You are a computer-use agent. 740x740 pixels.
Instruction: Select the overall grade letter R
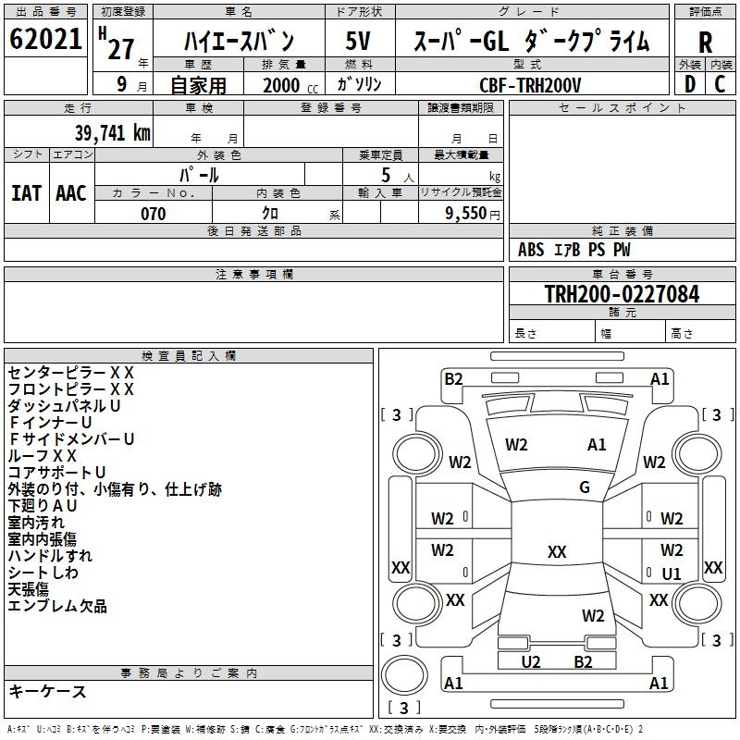[705, 43]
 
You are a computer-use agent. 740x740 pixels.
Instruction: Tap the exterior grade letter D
[690, 82]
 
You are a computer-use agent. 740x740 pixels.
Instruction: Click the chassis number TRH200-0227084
[622, 294]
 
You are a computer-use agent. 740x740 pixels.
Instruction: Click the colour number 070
[153, 214]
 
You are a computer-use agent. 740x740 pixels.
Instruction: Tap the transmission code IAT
[27, 193]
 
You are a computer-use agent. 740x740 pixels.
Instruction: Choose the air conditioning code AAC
[71, 193]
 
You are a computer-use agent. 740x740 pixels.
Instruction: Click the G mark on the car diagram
[585, 487]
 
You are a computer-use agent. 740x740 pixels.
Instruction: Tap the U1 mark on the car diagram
[672, 573]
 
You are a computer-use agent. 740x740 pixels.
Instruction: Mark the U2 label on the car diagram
[531, 661]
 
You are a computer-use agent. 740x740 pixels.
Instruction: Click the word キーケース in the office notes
[47, 692]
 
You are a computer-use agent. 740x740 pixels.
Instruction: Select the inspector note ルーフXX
[43, 456]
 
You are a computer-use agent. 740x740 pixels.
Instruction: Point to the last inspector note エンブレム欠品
[57, 606]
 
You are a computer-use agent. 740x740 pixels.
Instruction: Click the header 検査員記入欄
[189, 355]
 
